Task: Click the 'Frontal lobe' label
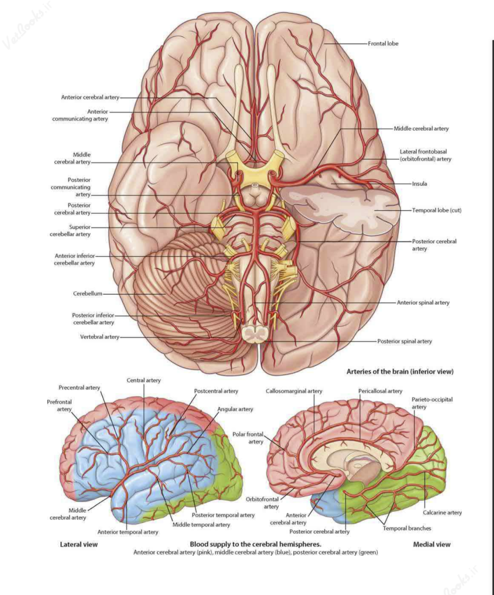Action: tap(383, 43)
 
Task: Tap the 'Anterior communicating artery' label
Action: tap(80, 115)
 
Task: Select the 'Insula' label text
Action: tap(419, 183)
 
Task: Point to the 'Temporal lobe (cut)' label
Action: tap(436, 210)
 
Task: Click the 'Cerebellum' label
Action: tap(87, 294)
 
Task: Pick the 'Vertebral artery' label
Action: tap(99, 337)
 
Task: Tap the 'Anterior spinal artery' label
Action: tap(423, 302)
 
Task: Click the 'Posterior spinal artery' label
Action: tap(404, 341)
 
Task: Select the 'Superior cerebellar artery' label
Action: tap(70, 230)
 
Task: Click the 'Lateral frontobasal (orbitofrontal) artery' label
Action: tap(425, 155)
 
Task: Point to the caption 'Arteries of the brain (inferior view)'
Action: tap(400, 371)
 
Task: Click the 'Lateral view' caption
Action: tap(79, 544)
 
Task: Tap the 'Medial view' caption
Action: tap(431, 544)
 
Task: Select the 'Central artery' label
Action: tap(144, 380)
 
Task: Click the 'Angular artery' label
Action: tap(235, 409)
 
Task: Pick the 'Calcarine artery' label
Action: tap(442, 513)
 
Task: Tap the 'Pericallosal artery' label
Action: tap(380, 391)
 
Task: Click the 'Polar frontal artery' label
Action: tap(248, 438)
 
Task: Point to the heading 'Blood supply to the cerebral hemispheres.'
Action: tap(255, 544)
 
